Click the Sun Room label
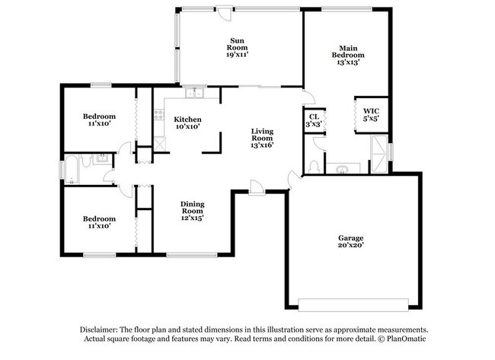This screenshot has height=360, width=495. [238, 46]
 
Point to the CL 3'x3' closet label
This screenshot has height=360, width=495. [313, 119]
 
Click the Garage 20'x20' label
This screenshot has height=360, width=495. [351, 241]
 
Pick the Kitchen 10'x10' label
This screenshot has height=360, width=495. [187, 123]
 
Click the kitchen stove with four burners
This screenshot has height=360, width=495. [159, 116]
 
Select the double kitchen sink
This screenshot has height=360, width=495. [195, 94]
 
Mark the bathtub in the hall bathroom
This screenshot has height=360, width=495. [70, 170]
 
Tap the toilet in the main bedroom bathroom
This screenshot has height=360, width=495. [314, 166]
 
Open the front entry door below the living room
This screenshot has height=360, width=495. [257, 186]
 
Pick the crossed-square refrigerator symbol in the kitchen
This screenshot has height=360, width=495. [159, 141]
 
